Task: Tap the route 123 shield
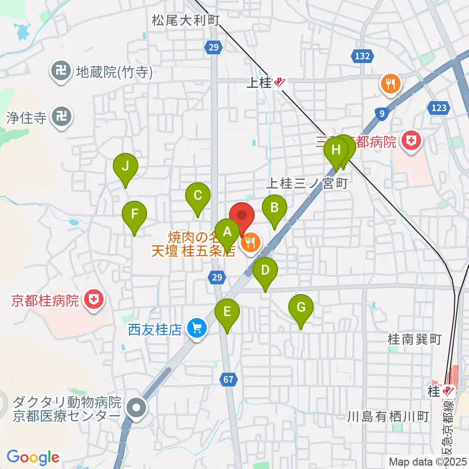point(435,107)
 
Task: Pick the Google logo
point(33,457)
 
